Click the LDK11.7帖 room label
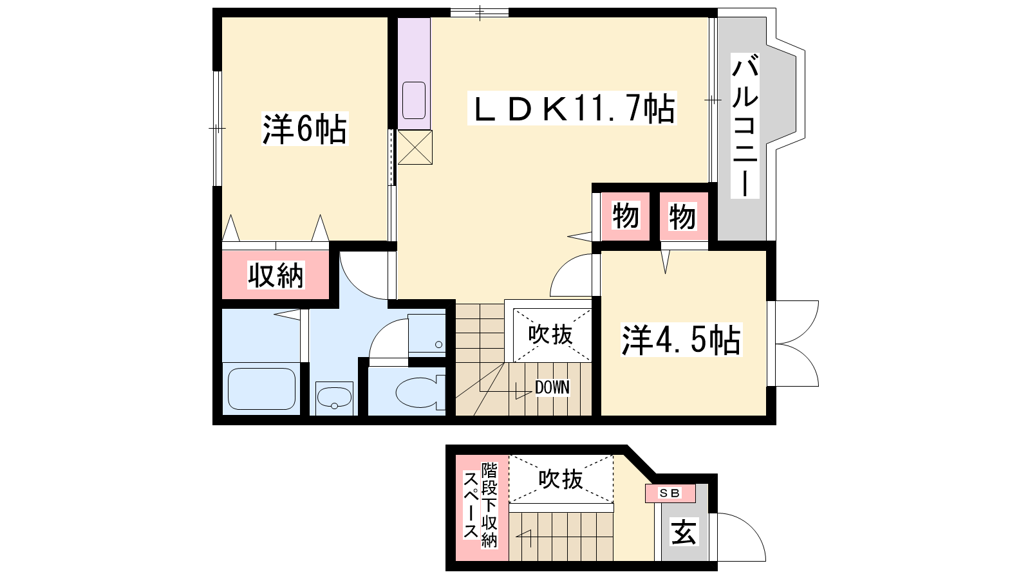click(572, 109)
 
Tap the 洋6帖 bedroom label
click(305, 129)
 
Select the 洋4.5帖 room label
click(682, 340)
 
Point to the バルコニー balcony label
click(745, 125)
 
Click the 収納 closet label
click(276, 275)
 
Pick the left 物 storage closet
click(626, 216)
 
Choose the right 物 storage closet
click(683, 217)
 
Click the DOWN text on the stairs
click(552, 387)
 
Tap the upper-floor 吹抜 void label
click(550, 334)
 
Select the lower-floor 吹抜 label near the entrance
click(561, 479)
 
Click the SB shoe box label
click(670, 493)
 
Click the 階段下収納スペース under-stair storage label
click(480, 506)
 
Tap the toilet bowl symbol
click(419, 392)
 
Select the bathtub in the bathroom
click(261, 389)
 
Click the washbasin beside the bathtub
click(334, 398)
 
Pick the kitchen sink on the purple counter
click(414, 100)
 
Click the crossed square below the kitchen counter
click(415, 147)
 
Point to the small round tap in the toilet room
click(438, 345)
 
